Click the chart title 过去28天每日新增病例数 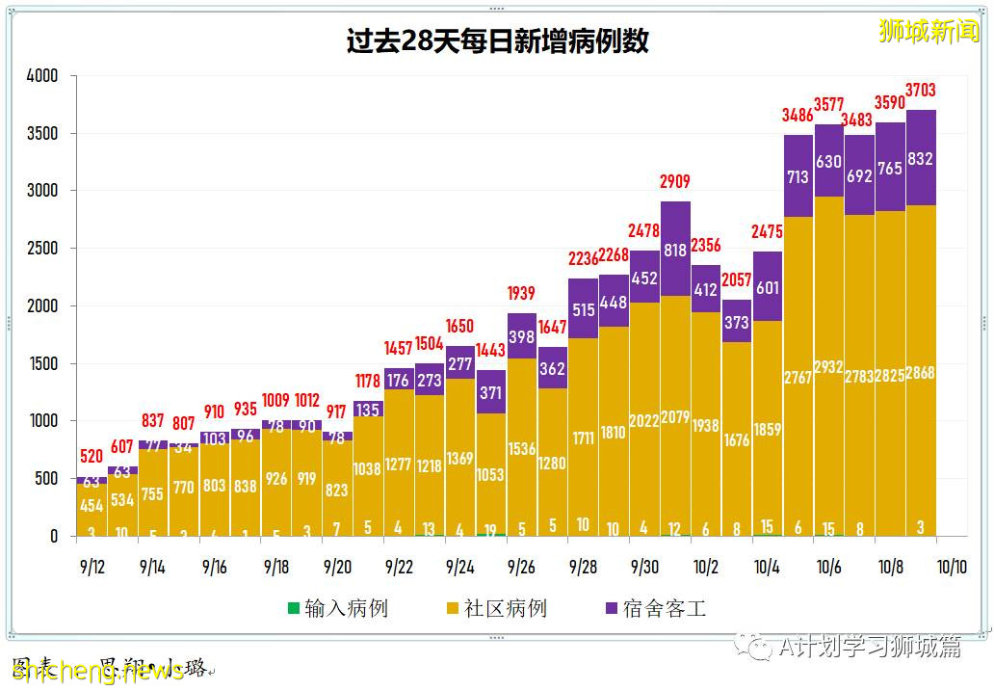click(497, 41)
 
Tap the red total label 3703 click(920, 91)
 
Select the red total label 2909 click(675, 182)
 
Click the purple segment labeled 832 click(920, 158)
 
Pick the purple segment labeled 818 click(675, 250)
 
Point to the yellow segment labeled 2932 click(828, 366)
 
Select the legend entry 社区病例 click(495, 609)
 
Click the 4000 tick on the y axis click(42, 76)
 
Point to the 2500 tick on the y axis click(42, 249)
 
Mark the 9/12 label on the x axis click(91, 568)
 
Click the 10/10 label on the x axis click(951, 568)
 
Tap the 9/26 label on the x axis click(521, 568)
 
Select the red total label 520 click(91, 457)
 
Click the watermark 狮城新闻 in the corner click(929, 31)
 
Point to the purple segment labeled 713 click(798, 176)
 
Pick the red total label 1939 click(521, 294)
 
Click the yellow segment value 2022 click(644, 420)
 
